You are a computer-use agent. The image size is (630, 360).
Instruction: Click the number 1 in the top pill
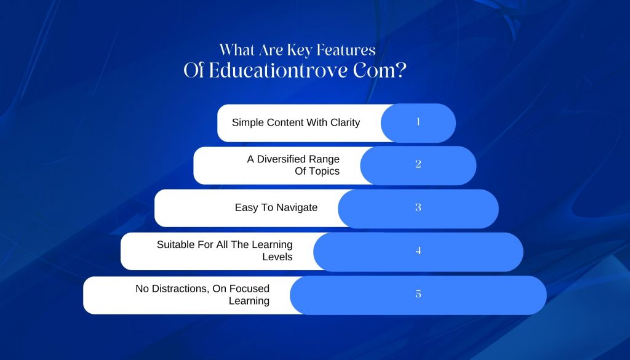[418, 122]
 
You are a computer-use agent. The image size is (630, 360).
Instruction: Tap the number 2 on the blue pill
[418, 164]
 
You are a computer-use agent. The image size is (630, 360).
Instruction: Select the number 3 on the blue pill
[418, 207]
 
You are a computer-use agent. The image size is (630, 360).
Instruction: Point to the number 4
[418, 250]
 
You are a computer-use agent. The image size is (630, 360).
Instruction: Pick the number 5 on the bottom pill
[418, 294]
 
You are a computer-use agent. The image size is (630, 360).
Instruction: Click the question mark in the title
[401, 70]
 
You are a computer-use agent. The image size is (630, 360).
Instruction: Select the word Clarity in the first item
[345, 122]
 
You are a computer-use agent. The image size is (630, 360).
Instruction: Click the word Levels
[277, 257]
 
